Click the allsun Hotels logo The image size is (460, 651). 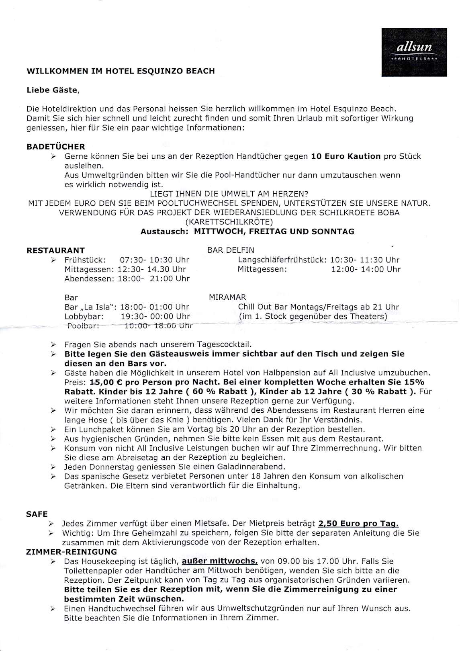tap(414, 52)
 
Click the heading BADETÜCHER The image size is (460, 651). tap(56, 147)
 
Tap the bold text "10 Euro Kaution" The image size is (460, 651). tap(346, 156)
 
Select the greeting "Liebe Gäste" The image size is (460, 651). tap(52, 90)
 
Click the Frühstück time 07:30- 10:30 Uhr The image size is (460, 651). tap(155, 260)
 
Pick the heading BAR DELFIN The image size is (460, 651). tap(231, 250)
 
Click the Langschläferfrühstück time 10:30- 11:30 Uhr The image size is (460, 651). tap(365, 260)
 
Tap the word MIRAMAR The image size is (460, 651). tap(227, 297)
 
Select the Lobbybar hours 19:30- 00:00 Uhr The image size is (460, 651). tap(155, 316)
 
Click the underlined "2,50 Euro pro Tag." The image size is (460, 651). tap(358, 524)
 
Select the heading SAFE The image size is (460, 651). tap(37, 514)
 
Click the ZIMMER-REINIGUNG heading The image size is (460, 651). tap(72, 552)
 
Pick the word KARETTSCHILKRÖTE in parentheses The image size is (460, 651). tap(229, 222)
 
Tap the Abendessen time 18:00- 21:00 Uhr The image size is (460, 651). tap(153, 278)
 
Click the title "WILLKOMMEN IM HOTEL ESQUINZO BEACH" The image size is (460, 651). tap(121, 71)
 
